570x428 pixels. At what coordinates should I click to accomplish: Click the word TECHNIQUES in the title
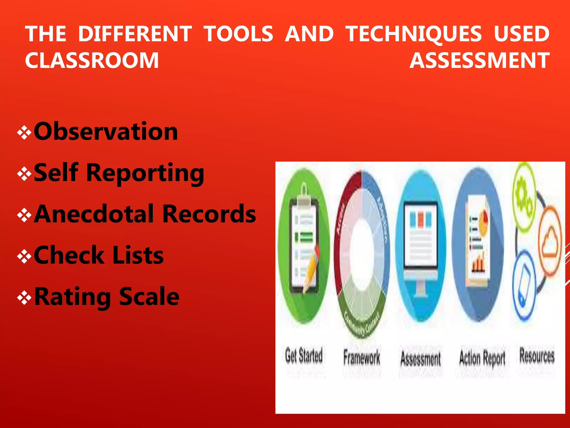(x=414, y=34)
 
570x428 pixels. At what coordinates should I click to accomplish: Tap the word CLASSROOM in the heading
(x=92, y=60)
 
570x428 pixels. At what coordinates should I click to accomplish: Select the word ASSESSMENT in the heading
(x=480, y=60)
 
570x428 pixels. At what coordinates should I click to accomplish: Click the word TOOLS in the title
(x=238, y=34)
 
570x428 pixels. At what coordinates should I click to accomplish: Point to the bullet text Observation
(x=106, y=132)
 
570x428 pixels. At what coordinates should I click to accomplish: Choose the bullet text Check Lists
(x=99, y=255)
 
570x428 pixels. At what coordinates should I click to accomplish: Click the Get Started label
(x=304, y=356)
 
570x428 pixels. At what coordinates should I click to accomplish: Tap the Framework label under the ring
(x=361, y=357)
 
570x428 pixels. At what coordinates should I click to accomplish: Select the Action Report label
(x=482, y=358)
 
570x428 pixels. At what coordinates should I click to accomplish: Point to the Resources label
(x=537, y=356)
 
